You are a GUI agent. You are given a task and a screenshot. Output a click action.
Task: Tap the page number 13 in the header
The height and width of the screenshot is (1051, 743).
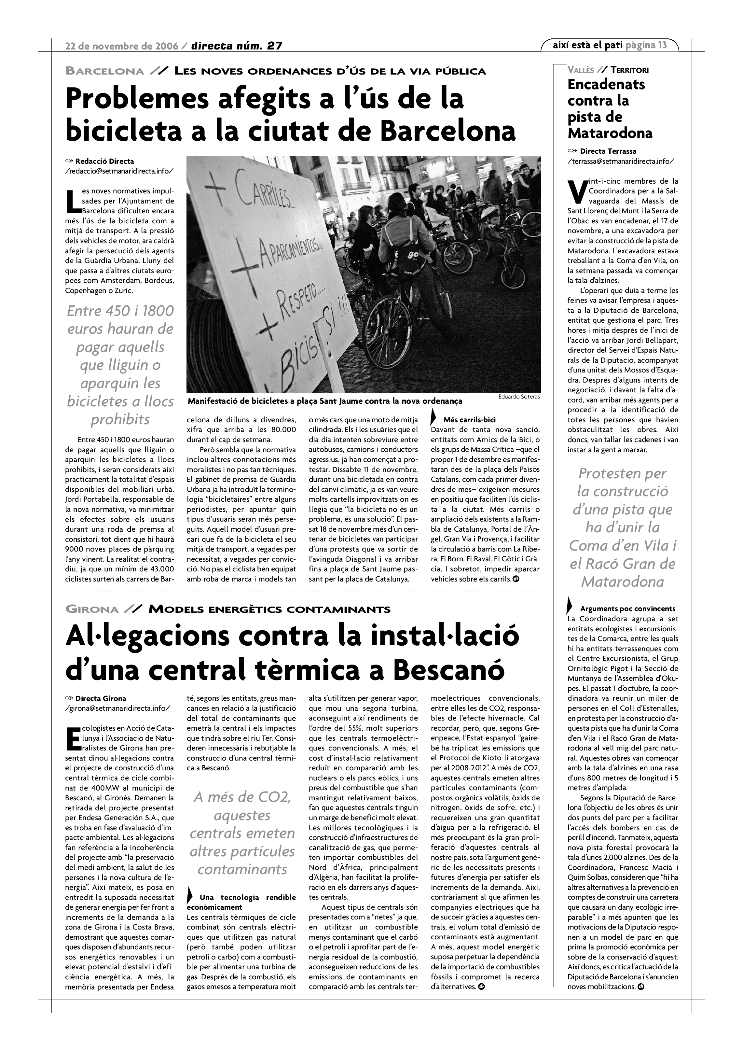tap(662, 45)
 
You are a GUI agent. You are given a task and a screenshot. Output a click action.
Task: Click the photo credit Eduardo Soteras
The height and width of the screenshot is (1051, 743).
tap(519, 397)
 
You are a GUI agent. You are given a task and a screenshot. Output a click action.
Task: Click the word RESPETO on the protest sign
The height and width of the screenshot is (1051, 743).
tap(293, 304)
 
